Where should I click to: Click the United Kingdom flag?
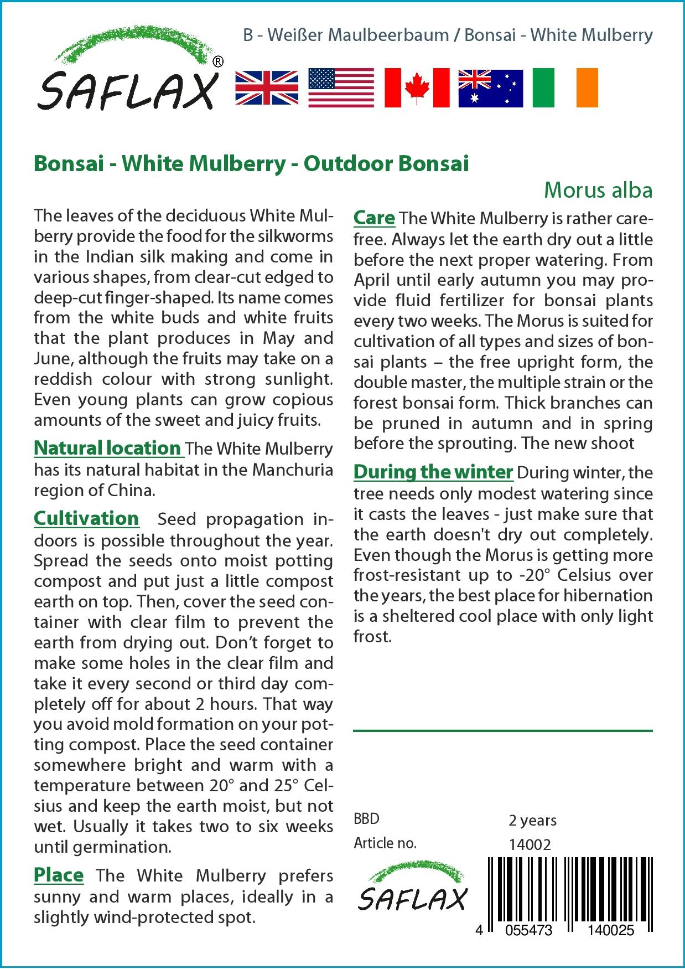tap(267, 88)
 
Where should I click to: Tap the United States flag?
tap(341, 88)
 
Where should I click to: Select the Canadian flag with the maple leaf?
tap(417, 88)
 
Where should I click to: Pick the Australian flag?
tap(490, 88)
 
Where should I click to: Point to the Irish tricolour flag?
tap(565, 88)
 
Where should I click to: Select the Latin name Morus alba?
tap(598, 190)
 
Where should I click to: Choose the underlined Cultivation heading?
tap(86, 518)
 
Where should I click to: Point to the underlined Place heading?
tap(59, 875)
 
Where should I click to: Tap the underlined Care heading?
tap(374, 218)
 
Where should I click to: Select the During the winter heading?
tap(433, 472)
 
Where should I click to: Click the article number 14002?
tap(530, 844)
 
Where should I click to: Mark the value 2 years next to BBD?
tap(532, 820)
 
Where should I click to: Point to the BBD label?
tap(366, 819)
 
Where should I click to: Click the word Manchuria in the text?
tap(293, 470)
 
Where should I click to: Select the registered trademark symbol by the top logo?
tap(218, 62)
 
